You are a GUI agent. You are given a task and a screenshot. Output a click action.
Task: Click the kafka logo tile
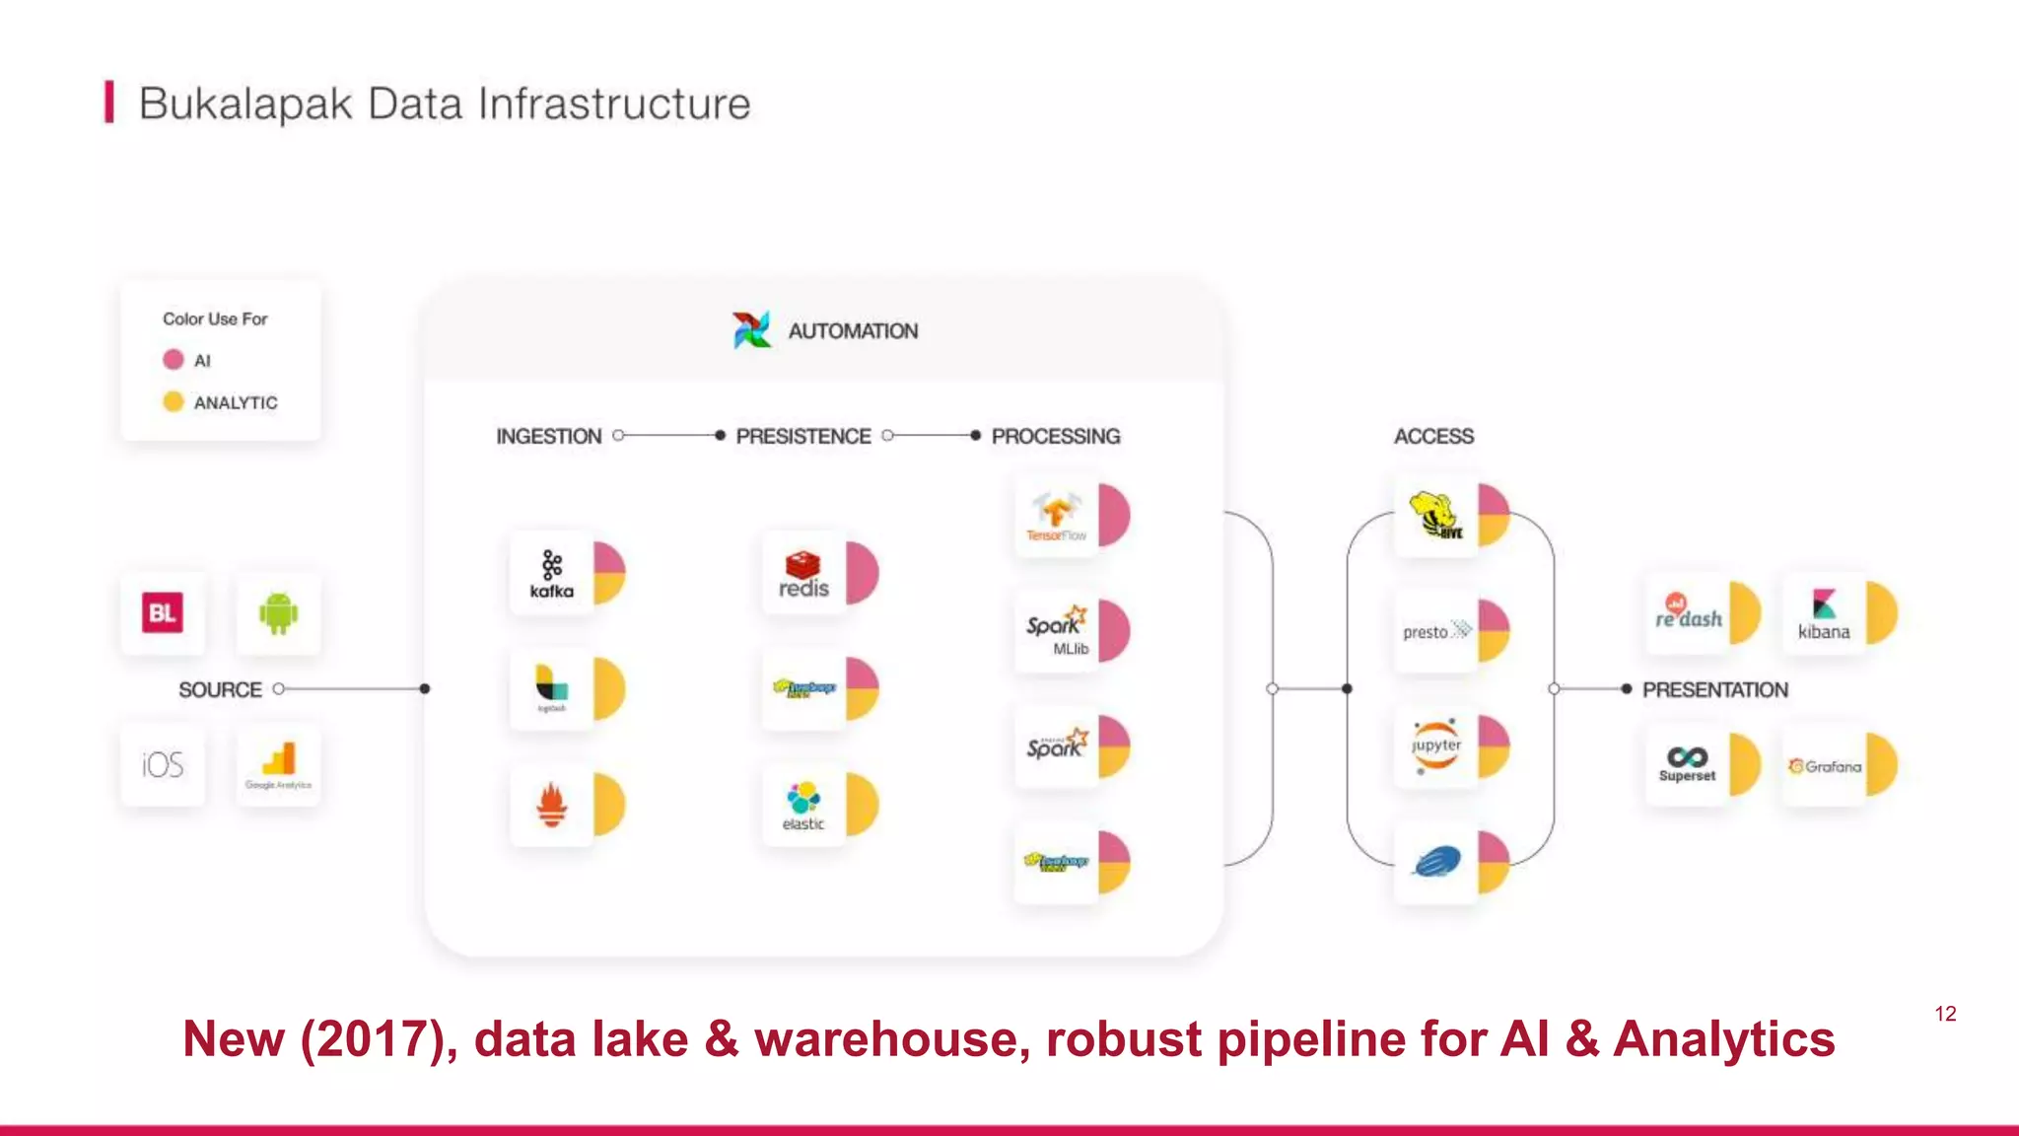552,574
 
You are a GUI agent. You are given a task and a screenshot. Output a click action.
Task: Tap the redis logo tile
803,574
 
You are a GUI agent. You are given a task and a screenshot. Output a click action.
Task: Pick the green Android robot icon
278,613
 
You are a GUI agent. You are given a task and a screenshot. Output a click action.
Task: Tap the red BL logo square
163,613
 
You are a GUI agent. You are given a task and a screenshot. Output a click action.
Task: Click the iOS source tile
163,765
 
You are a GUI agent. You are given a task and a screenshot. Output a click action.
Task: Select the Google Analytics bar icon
279,759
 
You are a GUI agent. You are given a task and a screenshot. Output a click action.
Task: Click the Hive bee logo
1435,515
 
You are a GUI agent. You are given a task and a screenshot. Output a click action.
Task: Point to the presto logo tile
1435,631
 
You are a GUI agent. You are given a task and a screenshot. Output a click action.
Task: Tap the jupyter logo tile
1435,746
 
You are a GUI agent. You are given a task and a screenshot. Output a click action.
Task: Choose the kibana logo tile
1824,614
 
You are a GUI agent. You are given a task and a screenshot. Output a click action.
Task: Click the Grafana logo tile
1824,766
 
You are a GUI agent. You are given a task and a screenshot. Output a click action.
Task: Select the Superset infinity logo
1687,757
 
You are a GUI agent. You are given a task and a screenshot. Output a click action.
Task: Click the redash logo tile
1688,614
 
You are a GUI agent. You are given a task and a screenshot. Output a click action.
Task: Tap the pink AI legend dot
174,360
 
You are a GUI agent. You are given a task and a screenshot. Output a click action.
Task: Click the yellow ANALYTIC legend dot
174,401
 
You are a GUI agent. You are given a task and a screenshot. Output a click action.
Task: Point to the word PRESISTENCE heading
802,436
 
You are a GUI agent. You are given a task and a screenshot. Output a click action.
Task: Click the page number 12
1945,1014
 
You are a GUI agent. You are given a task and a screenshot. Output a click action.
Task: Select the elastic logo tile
803,806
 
